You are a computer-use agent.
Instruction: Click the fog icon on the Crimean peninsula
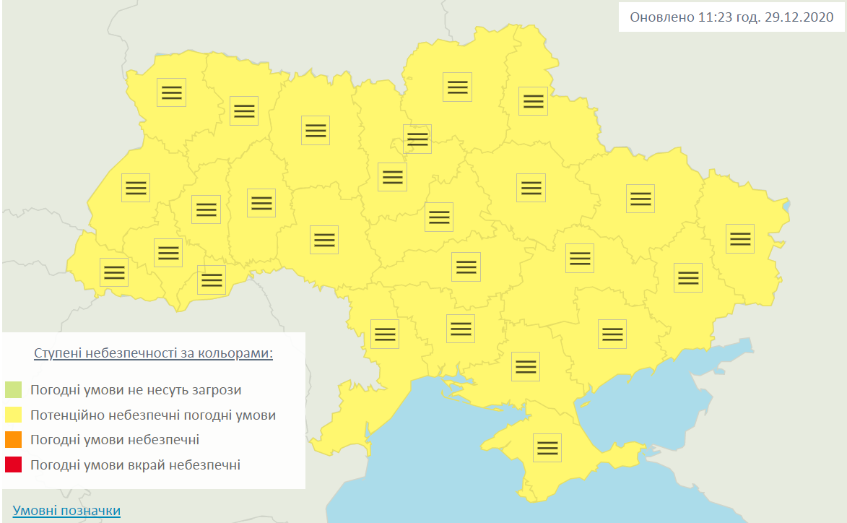click(x=547, y=448)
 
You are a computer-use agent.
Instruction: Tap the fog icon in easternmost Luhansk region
click(x=739, y=238)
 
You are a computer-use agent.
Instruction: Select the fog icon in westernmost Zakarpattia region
click(x=114, y=272)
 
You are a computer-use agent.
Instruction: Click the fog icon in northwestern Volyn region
click(x=171, y=92)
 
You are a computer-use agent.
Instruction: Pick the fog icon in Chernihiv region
click(x=457, y=87)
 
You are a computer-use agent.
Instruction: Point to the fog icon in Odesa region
click(x=385, y=334)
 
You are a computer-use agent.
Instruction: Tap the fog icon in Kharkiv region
click(x=640, y=199)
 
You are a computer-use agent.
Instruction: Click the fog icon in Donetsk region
click(x=687, y=277)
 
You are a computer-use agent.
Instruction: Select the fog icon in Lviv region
click(x=136, y=188)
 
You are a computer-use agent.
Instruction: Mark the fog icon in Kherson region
click(x=525, y=366)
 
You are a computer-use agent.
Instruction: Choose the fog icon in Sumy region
click(x=533, y=100)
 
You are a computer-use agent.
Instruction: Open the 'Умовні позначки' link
click(x=66, y=511)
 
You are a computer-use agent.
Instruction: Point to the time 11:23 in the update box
click(x=713, y=17)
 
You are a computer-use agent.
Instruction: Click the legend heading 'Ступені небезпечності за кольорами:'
click(x=153, y=354)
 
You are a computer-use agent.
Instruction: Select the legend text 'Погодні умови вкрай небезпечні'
click(x=135, y=465)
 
